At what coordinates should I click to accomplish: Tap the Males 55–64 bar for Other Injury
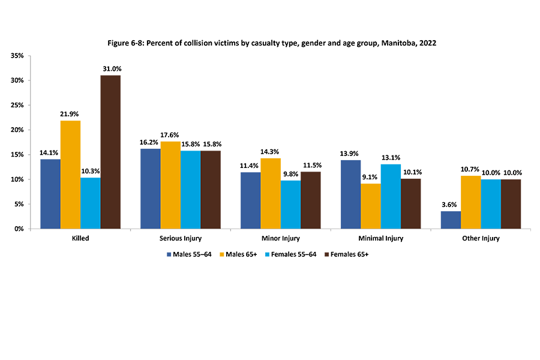tap(451, 220)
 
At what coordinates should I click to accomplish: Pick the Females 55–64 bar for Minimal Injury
tap(391, 196)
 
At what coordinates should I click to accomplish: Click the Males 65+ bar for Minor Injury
tap(271, 193)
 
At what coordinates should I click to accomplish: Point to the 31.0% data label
tap(110, 69)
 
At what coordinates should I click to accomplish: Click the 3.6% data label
tap(451, 205)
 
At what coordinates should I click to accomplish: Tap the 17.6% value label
tap(170, 135)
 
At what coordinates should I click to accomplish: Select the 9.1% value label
tap(370, 177)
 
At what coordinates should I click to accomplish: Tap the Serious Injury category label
tap(180, 238)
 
